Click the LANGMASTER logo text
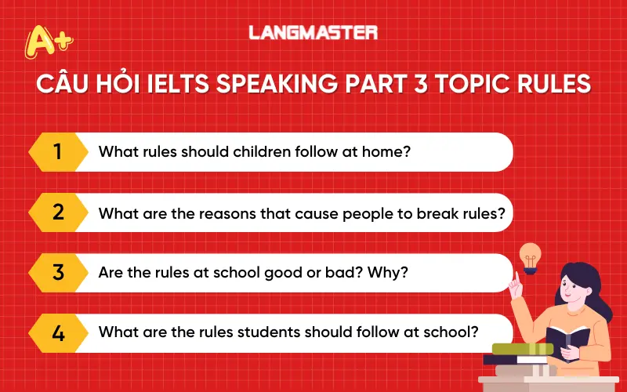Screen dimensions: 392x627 click(313, 32)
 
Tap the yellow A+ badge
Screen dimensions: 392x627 click(48, 41)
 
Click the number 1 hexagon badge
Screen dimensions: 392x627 click(57, 151)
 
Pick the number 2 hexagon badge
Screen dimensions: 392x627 click(57, 212)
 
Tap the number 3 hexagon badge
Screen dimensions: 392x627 click(57, 272)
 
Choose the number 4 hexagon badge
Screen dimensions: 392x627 click(57, 332)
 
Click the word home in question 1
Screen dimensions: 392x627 click(386, 151)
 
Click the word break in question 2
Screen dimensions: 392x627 click(448, 212)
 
